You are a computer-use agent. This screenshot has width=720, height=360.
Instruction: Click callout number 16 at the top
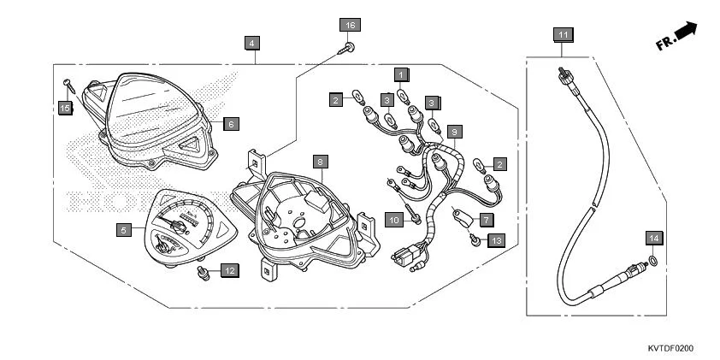click(350, 25)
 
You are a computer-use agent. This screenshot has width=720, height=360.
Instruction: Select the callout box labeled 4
click(251, 42)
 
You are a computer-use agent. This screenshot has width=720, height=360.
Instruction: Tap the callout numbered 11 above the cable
click(562, 34)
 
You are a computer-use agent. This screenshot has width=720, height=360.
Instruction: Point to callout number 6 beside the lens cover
click(230, 124)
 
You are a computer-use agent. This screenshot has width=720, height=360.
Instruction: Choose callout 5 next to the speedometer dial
click(124, 229)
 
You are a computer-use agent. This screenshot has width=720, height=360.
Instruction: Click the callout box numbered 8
click(319, 161)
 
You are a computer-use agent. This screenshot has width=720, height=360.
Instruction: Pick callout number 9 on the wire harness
click(455, 132)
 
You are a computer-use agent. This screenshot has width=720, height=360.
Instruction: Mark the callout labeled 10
click(394, 221)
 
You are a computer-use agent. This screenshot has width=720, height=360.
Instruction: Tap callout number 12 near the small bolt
click(229, 270)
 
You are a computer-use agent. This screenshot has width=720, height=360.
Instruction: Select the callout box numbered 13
click(496, 241)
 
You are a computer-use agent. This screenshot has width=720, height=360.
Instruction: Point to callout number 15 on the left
click(64, 108)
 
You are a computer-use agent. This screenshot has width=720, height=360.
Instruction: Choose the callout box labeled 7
click(485, 220)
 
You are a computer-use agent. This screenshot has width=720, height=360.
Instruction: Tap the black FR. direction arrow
click(686, 32)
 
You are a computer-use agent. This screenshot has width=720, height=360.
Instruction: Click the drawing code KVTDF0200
click(670, 348)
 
